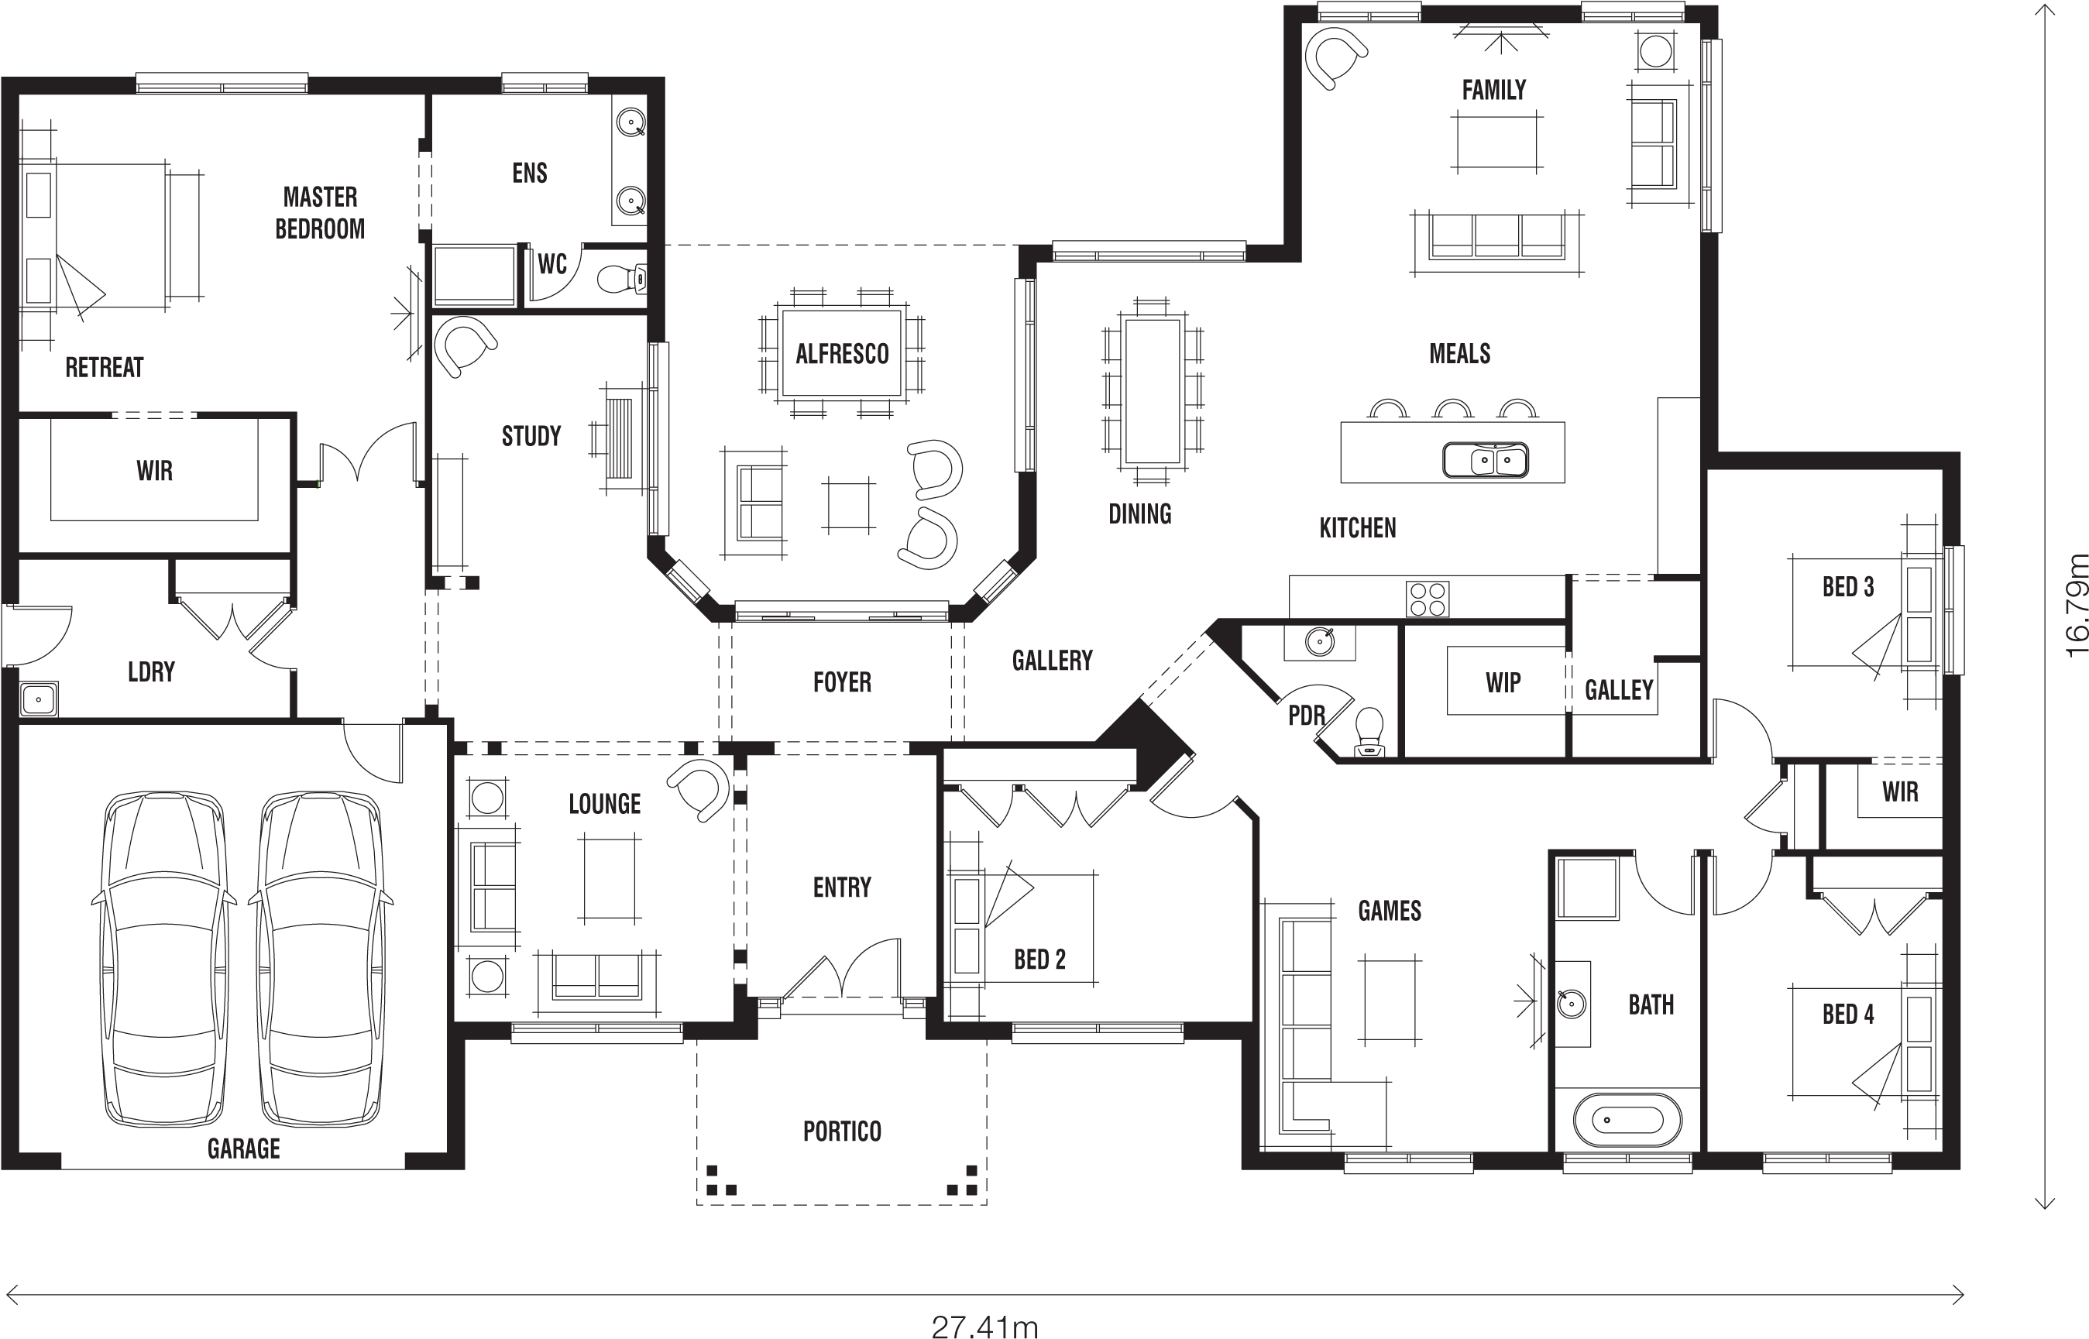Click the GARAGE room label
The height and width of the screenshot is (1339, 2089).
click(x=243, y=1148)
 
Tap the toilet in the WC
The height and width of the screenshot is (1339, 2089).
click(x=621, y=279)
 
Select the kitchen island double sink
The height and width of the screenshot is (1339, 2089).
click(x=1485, y=460)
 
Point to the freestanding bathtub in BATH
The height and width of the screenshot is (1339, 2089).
click(x=1627, y=1120)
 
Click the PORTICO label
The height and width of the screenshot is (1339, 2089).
click(x=842, y=1131)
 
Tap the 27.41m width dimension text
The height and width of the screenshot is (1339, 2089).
click(x=984, y=1327)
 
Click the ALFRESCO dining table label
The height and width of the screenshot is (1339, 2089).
click(x=842, y=354)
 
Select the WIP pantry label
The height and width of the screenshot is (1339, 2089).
click(x=1503, y=682)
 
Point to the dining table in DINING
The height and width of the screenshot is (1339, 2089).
click(x=1153, y=391)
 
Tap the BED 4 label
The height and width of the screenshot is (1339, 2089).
click(x=1848, y=1015)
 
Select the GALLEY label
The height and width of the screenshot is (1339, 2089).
click(x=1619, y=690)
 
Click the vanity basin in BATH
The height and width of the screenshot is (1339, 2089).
click(x=1571, y=1004)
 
